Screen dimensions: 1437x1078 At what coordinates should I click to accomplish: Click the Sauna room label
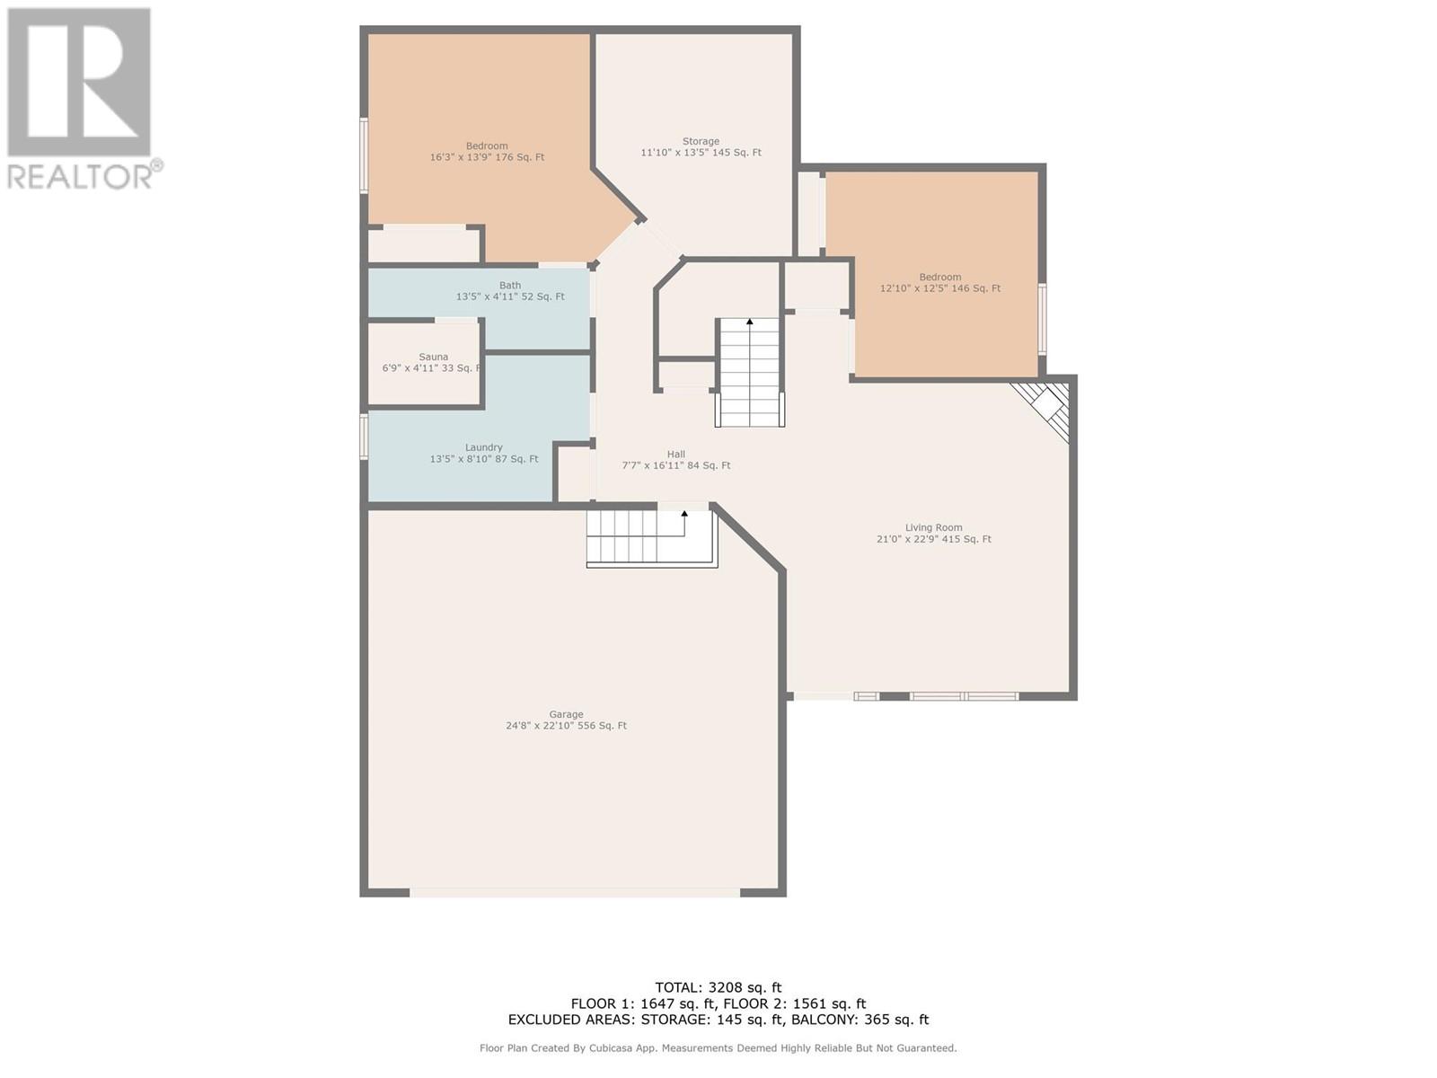coord(434,357)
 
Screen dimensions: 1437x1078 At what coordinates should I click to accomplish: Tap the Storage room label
coord(701,141)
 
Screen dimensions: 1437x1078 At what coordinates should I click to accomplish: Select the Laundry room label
coord(484,447)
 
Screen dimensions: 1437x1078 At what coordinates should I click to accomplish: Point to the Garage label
coord(567,714)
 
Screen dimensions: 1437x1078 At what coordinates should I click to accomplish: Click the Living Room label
coord(933,527)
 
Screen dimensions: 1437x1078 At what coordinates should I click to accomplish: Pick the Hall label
coord(676,455)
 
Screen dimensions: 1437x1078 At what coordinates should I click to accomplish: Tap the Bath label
coord(510,286)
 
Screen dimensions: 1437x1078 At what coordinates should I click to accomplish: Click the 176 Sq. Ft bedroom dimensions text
coord(487,157)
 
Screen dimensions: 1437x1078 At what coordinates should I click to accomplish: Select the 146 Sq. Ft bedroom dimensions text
coord(940,288)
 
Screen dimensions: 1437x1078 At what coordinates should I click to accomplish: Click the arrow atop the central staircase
coord(750,322)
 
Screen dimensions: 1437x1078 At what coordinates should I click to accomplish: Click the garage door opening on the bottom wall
coord(575,892)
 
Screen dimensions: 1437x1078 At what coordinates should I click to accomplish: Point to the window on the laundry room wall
coord(364,437)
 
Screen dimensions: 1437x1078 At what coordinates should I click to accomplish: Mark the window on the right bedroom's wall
coord(1042,320)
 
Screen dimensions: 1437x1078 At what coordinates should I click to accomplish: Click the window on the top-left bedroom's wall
coord(364,155)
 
